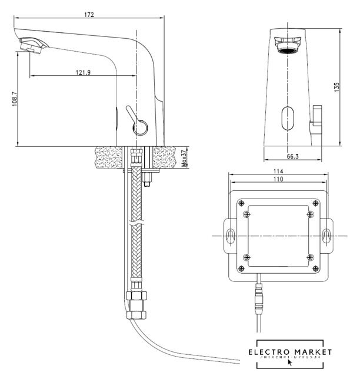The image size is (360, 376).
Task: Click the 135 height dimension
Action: [336, 87]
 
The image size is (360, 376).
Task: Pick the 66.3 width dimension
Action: [292, 156]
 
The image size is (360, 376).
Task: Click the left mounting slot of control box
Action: [229, 236]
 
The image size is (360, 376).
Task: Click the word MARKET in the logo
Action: [313, 352]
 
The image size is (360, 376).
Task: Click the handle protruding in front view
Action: [317, 118]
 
